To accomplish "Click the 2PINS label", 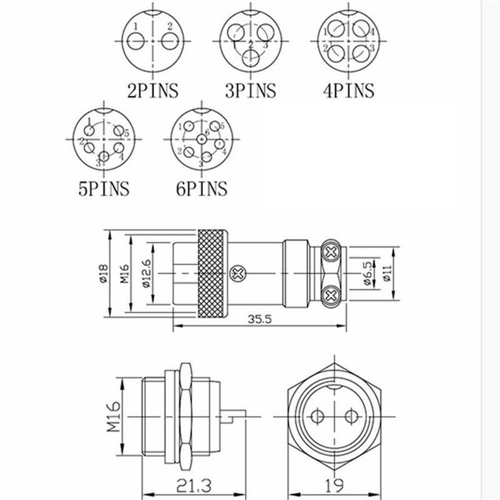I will click(152, 90).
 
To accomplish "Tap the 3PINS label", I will click(250, 90).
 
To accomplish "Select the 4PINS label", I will click(348, 90).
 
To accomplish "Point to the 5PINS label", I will click(103, 188).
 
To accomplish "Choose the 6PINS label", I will click(201, 188).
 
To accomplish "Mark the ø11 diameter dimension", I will click(385, 273).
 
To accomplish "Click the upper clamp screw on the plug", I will click(330, 253).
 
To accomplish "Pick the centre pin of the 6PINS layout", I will click(201, 138).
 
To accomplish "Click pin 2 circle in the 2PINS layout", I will click(169, 41).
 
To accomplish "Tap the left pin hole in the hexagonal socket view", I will click(316, 415).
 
